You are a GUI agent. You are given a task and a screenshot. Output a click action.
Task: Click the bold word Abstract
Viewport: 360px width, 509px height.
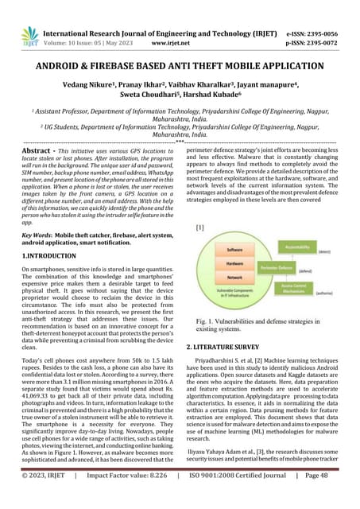[x=38, y=150]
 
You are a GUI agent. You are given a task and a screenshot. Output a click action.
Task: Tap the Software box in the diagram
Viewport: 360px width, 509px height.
[x=234, y=250]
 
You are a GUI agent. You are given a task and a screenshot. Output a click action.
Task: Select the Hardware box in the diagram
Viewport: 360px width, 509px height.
[x=234, y=263]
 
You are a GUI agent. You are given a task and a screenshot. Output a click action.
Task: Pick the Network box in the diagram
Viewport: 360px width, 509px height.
[x=234, y=278]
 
